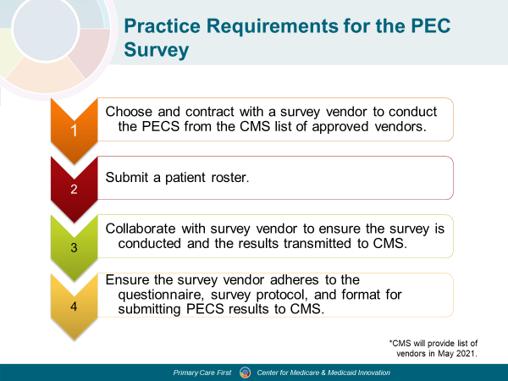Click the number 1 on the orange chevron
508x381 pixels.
74,130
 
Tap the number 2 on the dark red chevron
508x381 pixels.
74,189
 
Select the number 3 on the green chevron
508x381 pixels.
74,248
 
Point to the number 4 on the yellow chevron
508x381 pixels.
74,306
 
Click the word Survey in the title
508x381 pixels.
156,50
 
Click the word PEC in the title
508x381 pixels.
431,25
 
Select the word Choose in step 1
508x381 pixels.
129,112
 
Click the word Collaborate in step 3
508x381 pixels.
141,229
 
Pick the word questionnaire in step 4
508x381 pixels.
162,295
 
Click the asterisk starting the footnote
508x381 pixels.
390,341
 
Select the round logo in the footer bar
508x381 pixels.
245,373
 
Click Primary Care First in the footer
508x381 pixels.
202,373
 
